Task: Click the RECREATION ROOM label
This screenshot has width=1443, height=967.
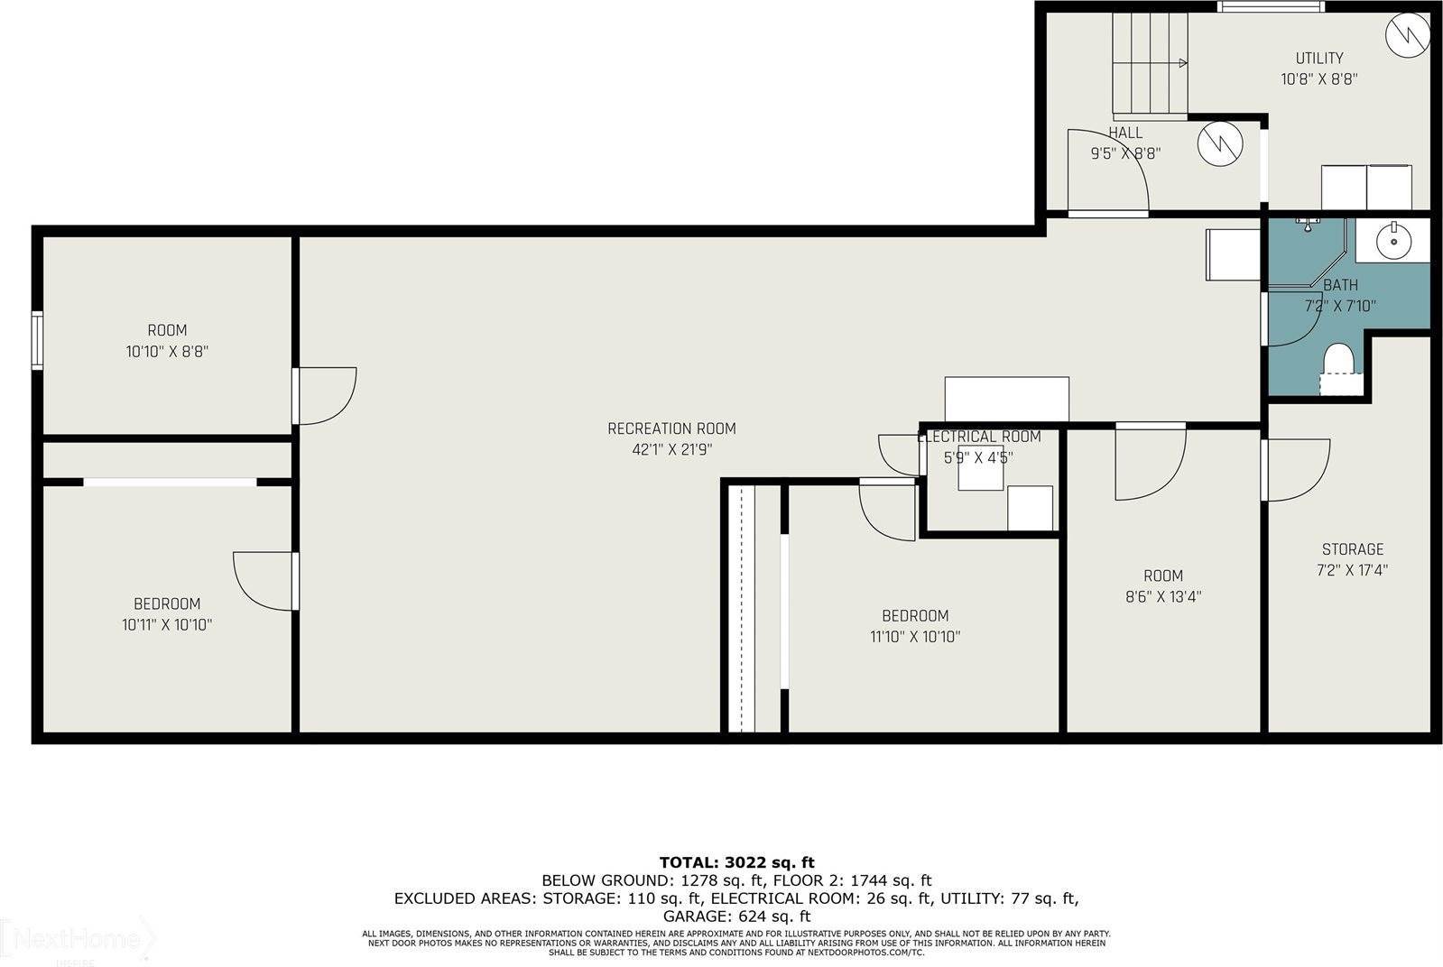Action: [671, 428]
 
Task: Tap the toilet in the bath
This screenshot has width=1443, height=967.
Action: [1340, 365]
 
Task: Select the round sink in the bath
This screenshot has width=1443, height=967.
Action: [1394, 240]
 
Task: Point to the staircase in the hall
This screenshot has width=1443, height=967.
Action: [1149, 63]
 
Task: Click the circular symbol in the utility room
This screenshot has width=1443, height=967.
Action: [1408, 34]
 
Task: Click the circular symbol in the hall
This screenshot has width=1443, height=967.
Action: [1220, 143]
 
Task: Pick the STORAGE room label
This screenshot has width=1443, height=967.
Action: [1352, 548]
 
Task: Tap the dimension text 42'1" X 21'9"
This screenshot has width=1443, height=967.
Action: [671, 449]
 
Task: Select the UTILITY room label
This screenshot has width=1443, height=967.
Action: [1319, 58]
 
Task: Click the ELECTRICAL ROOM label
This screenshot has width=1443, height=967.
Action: [979, 437]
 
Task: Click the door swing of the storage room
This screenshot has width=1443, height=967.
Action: [1298, 469]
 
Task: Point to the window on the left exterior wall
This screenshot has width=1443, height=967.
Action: [37, 339]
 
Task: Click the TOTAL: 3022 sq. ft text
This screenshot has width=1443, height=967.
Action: [736, 862]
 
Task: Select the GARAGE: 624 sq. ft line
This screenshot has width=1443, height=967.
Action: [736, 916]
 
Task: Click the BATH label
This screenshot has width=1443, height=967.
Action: [1340, 285]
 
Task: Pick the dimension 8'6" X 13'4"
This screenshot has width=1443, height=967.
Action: [1162, 596]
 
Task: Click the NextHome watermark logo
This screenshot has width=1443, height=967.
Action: [77, 941]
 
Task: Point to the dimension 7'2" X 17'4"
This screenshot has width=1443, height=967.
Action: [1352, 570]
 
